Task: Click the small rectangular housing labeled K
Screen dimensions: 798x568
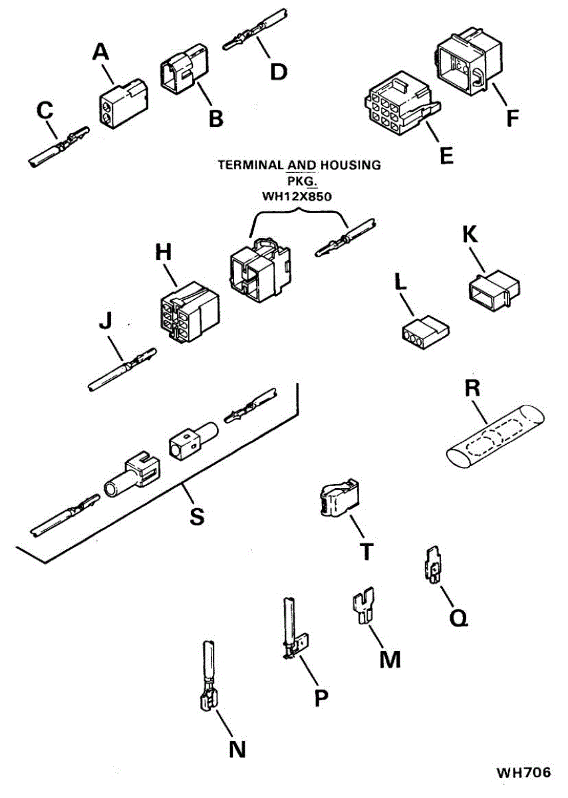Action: click(492, 289)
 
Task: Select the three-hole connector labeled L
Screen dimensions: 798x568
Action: click(423, 332)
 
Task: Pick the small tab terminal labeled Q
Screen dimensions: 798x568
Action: click(432, 567)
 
